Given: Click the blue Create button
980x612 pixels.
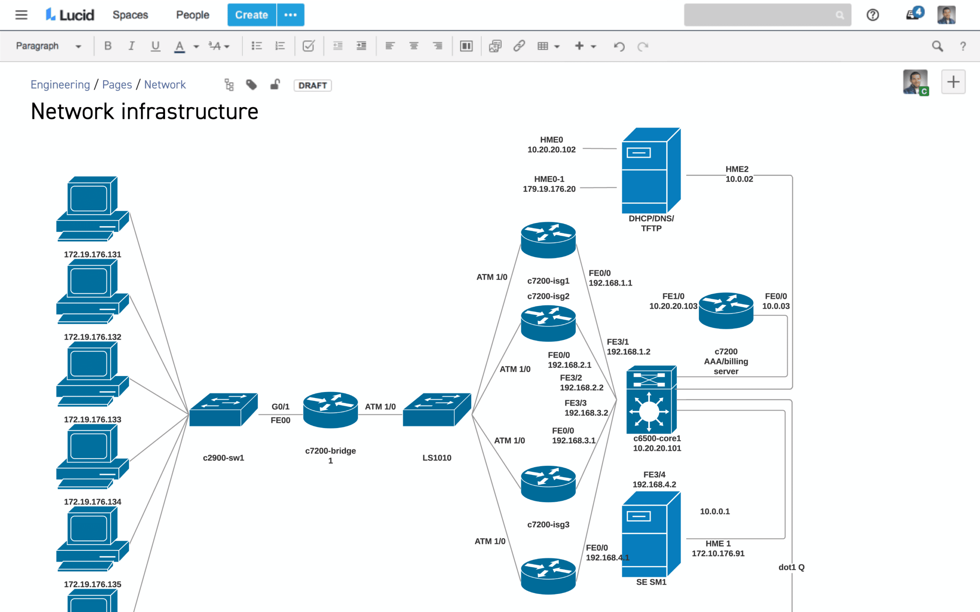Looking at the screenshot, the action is tap(252, 15).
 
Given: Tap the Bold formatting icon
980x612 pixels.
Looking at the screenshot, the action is tap(108, 46).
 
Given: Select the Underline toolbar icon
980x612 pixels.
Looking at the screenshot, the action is tap(155, 46).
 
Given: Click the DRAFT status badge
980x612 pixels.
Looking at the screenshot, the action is tap(312, 85).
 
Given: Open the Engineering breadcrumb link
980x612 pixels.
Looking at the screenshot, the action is tap(60, 85).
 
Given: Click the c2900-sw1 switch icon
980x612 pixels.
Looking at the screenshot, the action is tap(224, 409).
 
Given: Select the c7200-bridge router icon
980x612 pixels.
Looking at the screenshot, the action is tap(330, 410).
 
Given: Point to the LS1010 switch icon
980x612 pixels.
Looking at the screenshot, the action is tap(437, 409).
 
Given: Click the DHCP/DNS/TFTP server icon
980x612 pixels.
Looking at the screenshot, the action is tap(651, 171).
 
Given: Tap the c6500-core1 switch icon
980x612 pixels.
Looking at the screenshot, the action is tap(651, 399).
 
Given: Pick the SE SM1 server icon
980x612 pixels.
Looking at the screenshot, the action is tap(651, 534).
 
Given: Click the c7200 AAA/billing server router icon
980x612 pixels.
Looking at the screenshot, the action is tap(726, 311).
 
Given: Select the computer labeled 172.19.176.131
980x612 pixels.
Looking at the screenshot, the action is tap(93, 209).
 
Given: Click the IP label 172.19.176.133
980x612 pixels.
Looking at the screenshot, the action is tap(93, 419).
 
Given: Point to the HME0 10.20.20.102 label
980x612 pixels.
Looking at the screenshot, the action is tap(552, 145).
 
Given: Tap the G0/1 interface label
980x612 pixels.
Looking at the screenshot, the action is tap(280, 406).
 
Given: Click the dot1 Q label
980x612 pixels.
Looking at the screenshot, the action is tap(791, 567).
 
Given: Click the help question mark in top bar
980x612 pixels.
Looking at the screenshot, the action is tap(873, 15).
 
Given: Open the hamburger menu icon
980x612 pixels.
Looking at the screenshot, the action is tap(21, 15).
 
